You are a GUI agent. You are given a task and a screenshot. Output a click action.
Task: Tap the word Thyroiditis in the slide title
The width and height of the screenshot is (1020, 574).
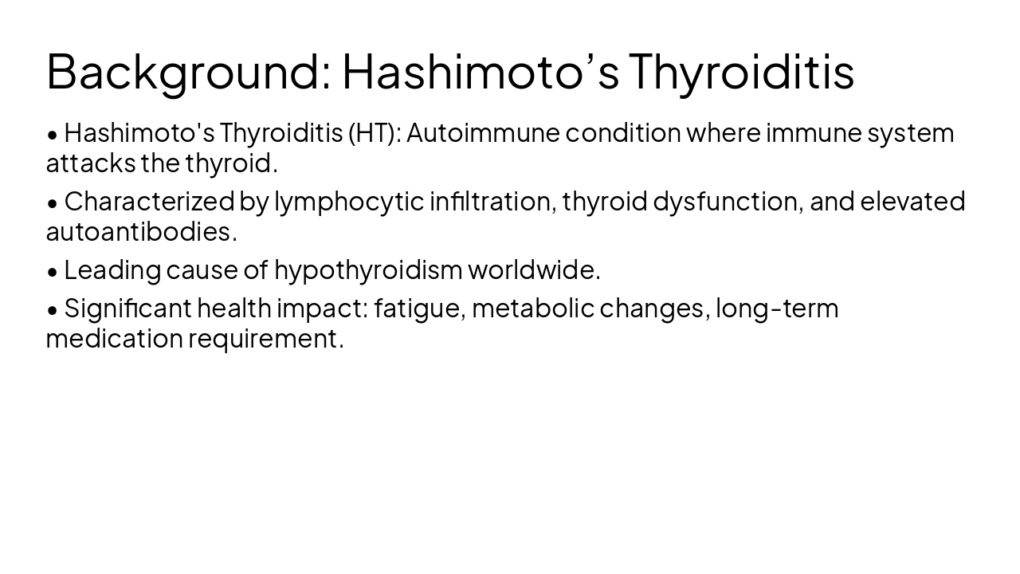(741, 71)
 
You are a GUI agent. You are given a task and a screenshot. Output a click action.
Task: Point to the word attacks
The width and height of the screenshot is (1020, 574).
(91, 163)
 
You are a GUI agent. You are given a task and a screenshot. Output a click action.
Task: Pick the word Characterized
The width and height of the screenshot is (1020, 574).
(149, 202)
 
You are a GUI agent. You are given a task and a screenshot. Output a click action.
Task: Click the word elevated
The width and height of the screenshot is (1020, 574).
(912, 202)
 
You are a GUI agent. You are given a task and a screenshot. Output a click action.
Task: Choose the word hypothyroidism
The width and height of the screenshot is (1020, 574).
(368, 270)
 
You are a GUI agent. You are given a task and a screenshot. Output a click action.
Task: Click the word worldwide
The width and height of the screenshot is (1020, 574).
(534, 270)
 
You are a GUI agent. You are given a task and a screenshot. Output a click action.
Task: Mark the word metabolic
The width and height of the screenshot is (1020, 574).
(533, 309)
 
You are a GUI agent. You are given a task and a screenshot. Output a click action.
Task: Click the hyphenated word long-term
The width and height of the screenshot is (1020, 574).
(777, 309)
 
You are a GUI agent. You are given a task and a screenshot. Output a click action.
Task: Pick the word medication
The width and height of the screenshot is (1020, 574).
(114, 339)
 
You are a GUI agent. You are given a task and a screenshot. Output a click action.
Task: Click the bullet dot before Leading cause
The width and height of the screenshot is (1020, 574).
(53, 272)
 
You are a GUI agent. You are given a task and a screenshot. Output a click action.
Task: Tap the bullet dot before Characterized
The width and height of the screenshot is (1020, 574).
(53, 203)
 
